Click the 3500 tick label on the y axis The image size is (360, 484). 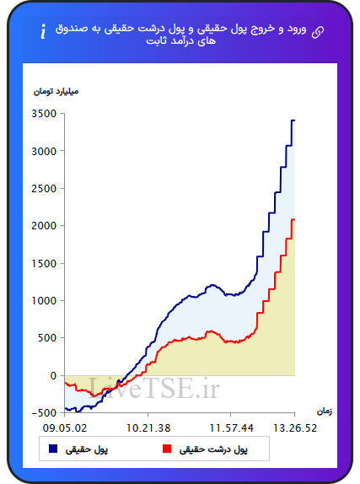44,114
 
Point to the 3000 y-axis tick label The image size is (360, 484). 44,151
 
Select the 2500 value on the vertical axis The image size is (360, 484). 44,189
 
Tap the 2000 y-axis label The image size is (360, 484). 44,226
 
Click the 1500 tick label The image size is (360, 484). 44,264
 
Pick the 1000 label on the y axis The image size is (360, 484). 44,301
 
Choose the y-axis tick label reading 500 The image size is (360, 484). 47,338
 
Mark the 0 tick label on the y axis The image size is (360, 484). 53,376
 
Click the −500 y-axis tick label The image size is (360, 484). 44,413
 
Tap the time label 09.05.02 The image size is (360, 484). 65,428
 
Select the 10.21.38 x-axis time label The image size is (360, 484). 148,428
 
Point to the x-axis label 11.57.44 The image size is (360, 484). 231,428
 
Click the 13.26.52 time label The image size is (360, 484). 295,428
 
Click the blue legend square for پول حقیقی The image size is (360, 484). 53,449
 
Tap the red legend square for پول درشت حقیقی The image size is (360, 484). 167,449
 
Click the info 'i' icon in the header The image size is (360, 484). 43,31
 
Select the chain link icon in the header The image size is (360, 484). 318,32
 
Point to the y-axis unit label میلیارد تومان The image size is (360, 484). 56,92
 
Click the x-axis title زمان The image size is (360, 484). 325,411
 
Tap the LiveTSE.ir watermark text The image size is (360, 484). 154,389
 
